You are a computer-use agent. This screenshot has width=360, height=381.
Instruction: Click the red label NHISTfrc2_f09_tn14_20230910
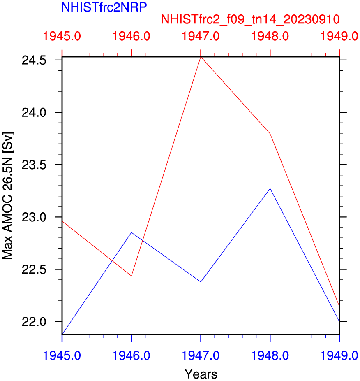click(x=250, y=19)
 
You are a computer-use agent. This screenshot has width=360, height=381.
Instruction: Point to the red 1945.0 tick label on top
click(x=62, y=37)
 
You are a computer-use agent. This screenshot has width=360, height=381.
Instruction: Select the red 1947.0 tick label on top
click(x=201, y=37)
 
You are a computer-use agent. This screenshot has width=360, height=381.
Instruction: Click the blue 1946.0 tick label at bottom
click(x=131, y=355)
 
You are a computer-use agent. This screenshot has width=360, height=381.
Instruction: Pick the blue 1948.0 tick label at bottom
click(x=270, y=355)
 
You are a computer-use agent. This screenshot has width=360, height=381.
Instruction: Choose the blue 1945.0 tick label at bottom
click(x=62, y=355)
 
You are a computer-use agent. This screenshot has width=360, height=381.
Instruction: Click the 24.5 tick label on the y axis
click(x=34, y=60)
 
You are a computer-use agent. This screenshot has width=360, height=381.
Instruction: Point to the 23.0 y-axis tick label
click(x=34, y=217)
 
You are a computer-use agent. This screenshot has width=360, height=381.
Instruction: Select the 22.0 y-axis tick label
click(x=34, y=321)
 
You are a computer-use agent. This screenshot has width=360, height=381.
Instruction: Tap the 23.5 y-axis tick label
click(x=34, y=165)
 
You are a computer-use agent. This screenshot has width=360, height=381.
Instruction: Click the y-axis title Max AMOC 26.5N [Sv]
click(x=8, y=195)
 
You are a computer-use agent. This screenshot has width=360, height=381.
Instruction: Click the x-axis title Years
click(x=201, y=374)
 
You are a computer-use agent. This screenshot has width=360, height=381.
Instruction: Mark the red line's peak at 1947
click(x=201, y=57)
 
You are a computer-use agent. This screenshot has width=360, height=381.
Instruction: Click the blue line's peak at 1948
click(x=270, y=188)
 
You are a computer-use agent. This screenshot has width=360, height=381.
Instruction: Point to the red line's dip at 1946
click(x=131, y=276)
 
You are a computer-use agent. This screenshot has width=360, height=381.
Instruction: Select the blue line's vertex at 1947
click(x=201, y=282)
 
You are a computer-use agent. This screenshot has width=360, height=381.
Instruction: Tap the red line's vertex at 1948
click(x=270, y=134)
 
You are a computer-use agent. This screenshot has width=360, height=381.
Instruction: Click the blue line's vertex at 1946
click(x=131, y=232)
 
